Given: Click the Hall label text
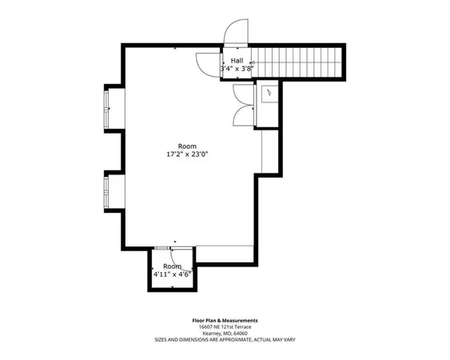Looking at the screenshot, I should click(237, 61).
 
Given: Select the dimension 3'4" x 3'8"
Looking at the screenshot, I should click(237, 70).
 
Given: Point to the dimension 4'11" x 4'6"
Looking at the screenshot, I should click(172, 274).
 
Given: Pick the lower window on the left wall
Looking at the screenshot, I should click(109, 190).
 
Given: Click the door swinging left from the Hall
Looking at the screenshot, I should click(209, 62).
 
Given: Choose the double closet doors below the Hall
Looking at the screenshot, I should click(241, 105).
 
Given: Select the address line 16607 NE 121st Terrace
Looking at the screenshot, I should click(225, 327).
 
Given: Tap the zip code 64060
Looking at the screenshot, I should click(241, 334).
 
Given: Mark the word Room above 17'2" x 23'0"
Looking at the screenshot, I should click(187, 146).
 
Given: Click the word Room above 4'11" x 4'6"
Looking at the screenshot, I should click(172, 266).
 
